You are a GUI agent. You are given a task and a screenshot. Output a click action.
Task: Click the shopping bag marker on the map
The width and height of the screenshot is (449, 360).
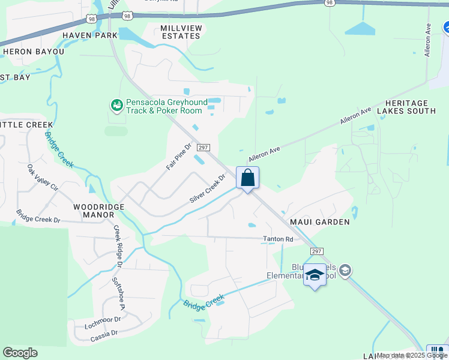click(247, 178)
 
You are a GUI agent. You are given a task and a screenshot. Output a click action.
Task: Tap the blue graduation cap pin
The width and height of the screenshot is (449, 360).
click(315, 275)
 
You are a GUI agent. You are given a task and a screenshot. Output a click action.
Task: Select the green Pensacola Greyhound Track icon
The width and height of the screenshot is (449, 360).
click(116, 106)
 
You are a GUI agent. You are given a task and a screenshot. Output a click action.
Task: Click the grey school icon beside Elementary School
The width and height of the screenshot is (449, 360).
click(345, 271)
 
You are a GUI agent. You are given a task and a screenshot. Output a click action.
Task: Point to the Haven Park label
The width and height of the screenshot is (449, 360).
click(90, 36)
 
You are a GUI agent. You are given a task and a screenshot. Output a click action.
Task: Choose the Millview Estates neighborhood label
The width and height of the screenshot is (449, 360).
click(180, 32)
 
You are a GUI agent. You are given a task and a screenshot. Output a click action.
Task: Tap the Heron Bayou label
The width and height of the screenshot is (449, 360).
click(34, 52)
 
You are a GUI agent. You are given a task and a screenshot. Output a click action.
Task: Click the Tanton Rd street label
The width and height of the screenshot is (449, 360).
click(278, 239)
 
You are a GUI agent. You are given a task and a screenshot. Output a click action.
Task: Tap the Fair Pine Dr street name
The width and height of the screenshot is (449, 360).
click(178, 156)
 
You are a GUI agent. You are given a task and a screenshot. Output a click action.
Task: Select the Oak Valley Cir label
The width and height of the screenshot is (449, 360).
click(43, 178)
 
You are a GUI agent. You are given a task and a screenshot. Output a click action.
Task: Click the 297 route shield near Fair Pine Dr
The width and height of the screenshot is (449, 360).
click(203, 148)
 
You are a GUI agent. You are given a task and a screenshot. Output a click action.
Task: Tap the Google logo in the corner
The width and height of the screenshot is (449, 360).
click(20, 353)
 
